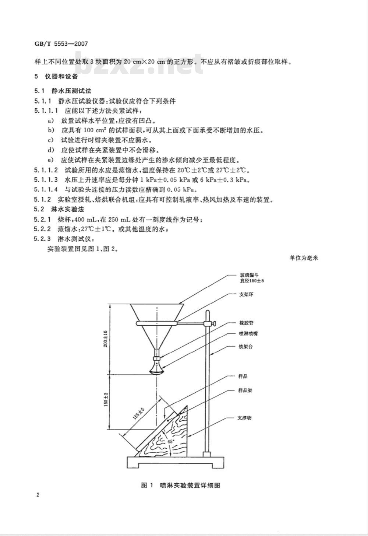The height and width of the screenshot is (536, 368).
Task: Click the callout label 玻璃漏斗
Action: (x=249, y=275)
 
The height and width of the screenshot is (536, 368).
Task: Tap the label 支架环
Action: (x=246, y=294)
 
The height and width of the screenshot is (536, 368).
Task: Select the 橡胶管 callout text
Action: (x=246, y=323)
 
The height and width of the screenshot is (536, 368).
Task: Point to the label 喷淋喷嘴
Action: (x=248, y=333)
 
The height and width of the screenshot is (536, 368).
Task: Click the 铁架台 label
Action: (x=245, y=347)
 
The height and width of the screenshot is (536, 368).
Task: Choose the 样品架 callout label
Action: (x=245, y=390)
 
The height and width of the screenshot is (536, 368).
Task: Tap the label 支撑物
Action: (x=244, y=418)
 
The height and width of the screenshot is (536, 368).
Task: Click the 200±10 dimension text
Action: (x=105, y=339)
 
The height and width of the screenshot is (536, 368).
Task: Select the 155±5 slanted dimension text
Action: (x=139, y=414)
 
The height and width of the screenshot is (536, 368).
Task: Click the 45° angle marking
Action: (x=171, y=441)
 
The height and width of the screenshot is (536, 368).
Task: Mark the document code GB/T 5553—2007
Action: (x=61, y=44)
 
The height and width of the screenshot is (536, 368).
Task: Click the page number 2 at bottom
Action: (x=38, y=495)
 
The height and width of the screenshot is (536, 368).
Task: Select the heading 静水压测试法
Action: (x=71, y=91)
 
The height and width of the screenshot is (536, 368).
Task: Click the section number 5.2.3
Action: (x=42, y=239)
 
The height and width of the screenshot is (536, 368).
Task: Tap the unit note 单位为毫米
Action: (x=304, y=258)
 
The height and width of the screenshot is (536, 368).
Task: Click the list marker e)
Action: (x=51, y=160)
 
